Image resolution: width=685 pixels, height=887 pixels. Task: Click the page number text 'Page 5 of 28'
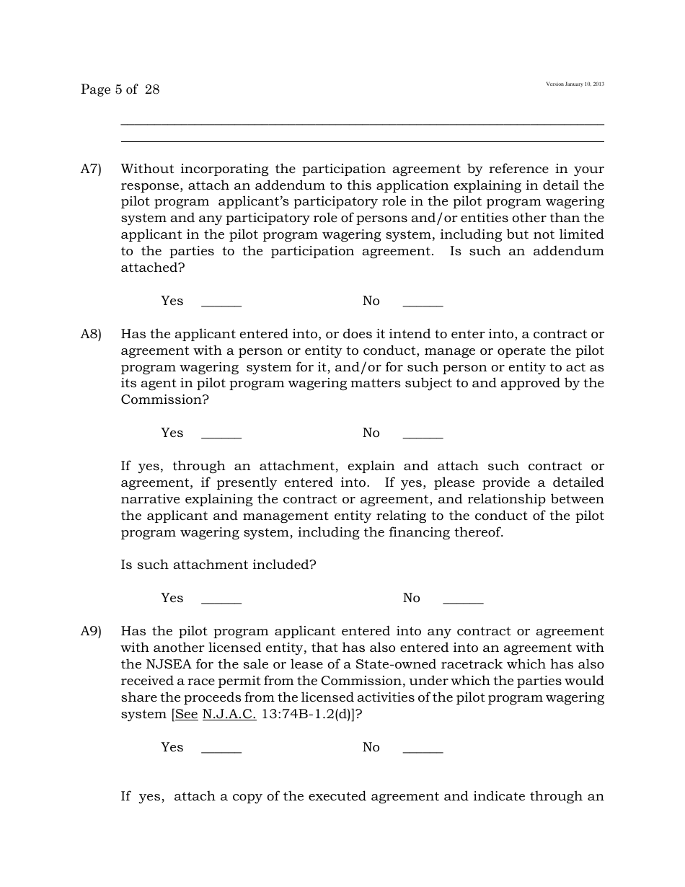pos(120,89)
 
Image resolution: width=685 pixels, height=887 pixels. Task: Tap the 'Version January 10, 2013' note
pos(575,84)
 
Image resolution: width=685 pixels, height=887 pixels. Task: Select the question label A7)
pos(91,169)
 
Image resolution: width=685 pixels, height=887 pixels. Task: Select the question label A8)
pos(91,334)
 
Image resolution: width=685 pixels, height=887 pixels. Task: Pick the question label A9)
pos(91,631)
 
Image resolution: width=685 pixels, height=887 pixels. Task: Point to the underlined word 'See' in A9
pos(186,714)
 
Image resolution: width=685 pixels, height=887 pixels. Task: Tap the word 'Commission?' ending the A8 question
pos(164,400)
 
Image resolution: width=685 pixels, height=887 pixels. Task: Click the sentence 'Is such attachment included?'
pos(218,565)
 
